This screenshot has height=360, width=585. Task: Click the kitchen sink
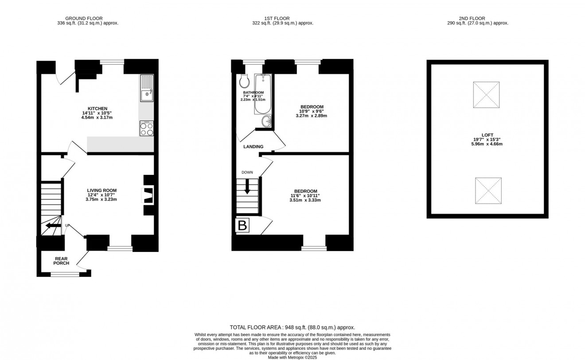pyautogui.click(x=146, y=89)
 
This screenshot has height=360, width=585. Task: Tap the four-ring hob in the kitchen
pyautogui.click(x=146, y=128)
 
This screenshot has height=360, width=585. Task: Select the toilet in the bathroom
pyautogui.click(x=244, y=81)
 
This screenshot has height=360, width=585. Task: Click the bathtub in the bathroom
pyautogui.click(x=262, y=94)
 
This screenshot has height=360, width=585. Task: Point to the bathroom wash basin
pyautogui.click(x=266, y=121)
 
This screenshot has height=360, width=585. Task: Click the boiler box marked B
pyautogui.click(x=242, y=225)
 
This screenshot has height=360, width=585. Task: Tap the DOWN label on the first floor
pyautogui.click(x=247, y=172)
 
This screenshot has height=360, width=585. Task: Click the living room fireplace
pyautogui.click(x=148, y=195)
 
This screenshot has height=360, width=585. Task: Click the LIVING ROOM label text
pyautogui.click(x=101, y=190)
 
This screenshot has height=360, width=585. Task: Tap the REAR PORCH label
pyautogui.click(x=62, y=261)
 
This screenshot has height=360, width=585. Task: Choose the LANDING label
pyautogui.click(x=253, y=147)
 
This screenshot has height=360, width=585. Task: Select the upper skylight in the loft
pyautogui.click(x=486, y=95)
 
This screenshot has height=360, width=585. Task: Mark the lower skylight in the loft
pyautogui.click(x=488, y=190)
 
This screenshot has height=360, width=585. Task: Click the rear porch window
pyautogui.click(x=65, y=275)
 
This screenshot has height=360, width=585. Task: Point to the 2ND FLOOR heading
pyautogui.click(x=477, y=18)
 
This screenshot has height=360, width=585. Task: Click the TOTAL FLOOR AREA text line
pyautogui.click(x=292, y=327)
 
